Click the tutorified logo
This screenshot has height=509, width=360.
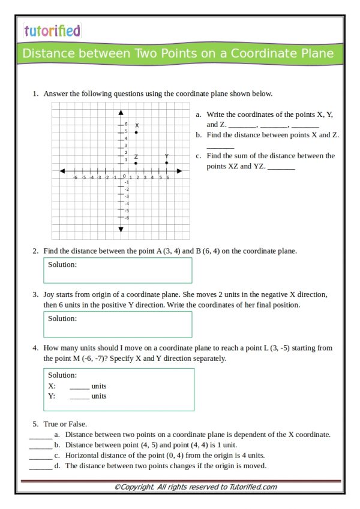click(x=52, y=31)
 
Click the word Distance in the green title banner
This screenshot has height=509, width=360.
click(x=46, y=54)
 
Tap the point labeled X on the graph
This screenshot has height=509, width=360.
click(x=136, y=132)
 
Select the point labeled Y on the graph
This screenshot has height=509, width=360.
click(x=166, y=162)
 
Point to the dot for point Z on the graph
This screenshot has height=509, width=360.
click(x=136, y=163)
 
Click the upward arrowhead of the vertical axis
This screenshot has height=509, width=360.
click(x=121, y=112)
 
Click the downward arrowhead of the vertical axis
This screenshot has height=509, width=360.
click(x=121, y=229)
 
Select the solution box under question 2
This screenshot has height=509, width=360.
click(x=118, y=270)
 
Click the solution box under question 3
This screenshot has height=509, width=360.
click(x=118, y=324)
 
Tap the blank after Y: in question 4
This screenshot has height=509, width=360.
click(x=79, y=397)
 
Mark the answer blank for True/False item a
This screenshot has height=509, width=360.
click(x=40, y=435)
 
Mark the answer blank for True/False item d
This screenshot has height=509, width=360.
click(x=40, y=466)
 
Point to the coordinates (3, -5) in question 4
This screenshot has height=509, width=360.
click(x=310, y=348)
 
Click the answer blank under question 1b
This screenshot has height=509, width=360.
click(x=220, y=146)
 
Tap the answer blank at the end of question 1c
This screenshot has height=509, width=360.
click(x=281, y=167)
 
